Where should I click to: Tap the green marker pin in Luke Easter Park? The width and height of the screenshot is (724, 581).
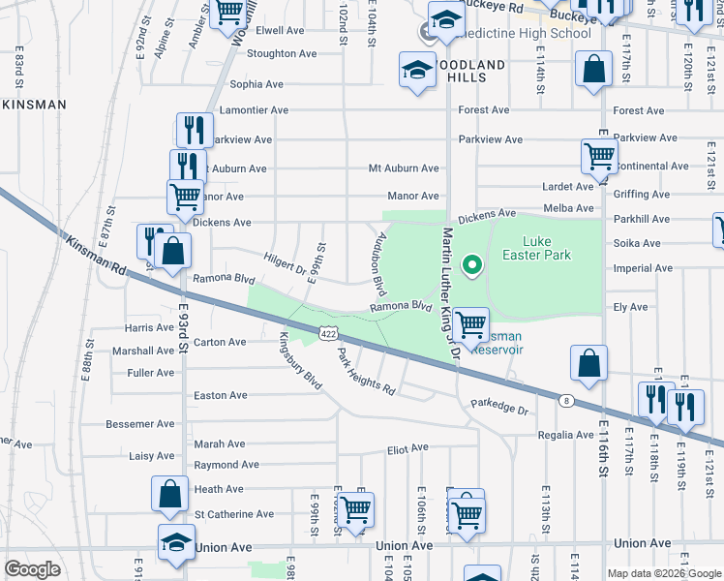pyautogui.click(x=472, y=263)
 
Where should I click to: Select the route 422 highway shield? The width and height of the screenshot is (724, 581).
pyautogui.click(x=328, y=334)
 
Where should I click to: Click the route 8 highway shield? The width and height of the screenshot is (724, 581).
pyautogui.click(x=564, y=399)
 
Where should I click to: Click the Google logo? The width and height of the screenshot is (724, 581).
pyautogui.click(x=33, y=569)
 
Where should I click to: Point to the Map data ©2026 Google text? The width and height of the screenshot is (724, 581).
pyautogui.click(x=663, y=572)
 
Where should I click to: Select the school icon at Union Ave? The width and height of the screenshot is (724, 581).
pyautogui.click(x=175, y=542)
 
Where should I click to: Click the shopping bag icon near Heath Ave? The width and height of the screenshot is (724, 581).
pyautogui.click(x=170, y=493)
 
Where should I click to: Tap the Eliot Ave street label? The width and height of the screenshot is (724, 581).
pyautogui.click(x=407, y=448)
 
